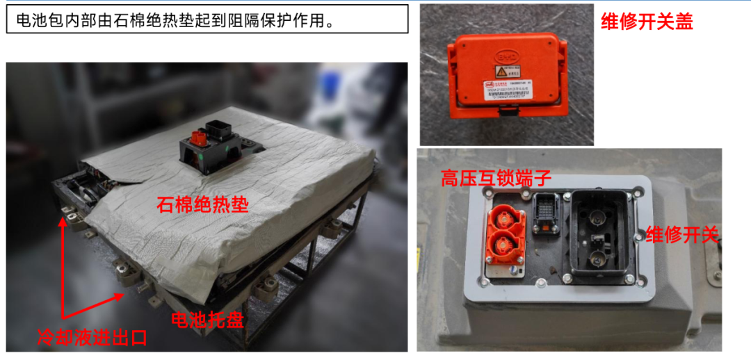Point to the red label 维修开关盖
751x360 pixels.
tap(647, 22)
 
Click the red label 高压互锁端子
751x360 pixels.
tap(496, 179)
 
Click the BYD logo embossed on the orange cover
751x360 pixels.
tap(507, 56)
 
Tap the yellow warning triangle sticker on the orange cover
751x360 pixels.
tap(500, 72)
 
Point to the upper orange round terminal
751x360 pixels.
tap(505, 214)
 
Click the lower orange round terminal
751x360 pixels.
tap(504, 245)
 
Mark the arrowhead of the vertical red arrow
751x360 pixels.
tap(63, 221)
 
